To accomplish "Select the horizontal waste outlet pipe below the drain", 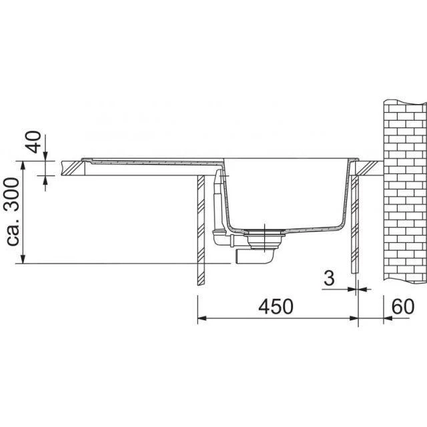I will click(x=257, y=256).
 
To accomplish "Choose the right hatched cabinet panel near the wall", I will click(x=356, y=227).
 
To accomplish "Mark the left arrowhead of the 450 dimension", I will click(x=203, y=319).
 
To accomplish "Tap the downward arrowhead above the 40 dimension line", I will click(x=45, y=156).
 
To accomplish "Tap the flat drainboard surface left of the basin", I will click(x=153, y=161).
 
